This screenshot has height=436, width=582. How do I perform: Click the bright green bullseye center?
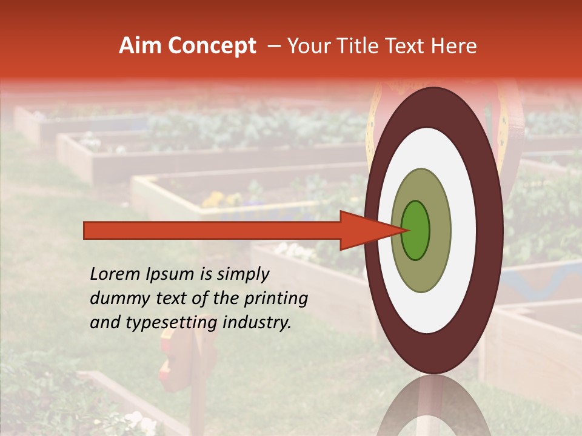(416, 230)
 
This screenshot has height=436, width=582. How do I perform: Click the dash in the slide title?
(273, 46)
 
